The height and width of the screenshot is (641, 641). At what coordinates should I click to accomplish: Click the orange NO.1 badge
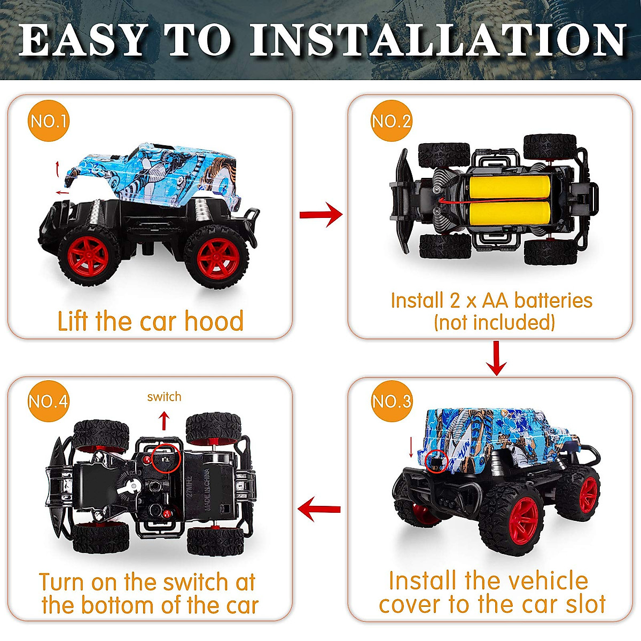pyautogui.click(x=49, y=121)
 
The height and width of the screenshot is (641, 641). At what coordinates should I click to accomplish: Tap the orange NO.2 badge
pyautogui.click(x=392, y=121)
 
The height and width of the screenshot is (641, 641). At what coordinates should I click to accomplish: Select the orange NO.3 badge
pyautogui.click(x=392, y=401)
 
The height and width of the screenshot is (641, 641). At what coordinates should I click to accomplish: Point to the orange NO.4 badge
pyautogui.click(x=49, y=401)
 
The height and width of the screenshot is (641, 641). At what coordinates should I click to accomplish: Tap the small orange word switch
pyautogui.click(x=164, y=397)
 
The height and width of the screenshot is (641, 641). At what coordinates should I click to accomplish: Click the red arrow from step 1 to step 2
pyautogui.click(x=320, y=215)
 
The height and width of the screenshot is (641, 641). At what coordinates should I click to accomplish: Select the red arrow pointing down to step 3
pyautogui.click(x=496, y=358)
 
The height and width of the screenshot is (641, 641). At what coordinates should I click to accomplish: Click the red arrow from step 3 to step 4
pyautogui.click(x=319, y=509)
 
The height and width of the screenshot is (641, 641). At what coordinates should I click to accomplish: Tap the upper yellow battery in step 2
pyautogui.click(x=509, y=189)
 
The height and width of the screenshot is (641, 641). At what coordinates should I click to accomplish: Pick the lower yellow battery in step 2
pyautogui.click(x=509, y=217)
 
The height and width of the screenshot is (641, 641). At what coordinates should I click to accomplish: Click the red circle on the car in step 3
pyautogui.click(x=437, y=460)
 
